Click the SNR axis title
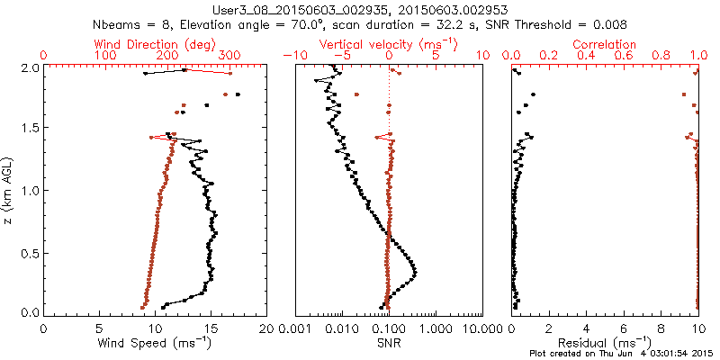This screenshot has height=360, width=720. click(x=388, y=342)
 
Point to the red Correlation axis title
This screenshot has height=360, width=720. click(x=605, y=44)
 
